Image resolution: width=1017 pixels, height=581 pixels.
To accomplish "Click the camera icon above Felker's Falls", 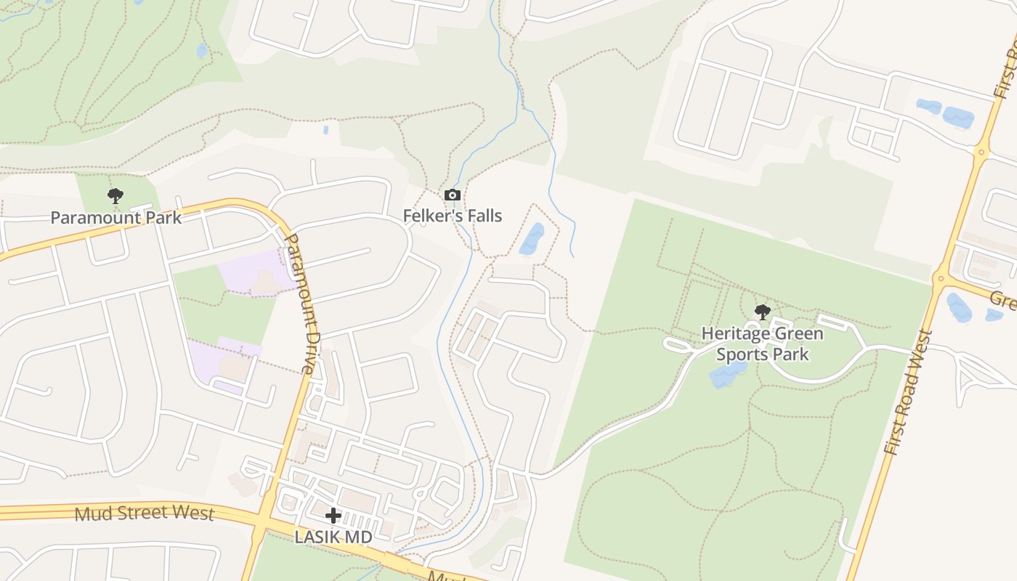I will pos(453,195).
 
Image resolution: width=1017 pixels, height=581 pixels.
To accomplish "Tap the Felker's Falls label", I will pos(453,216).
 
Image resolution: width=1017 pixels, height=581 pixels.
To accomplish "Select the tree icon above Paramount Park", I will pos(115,195).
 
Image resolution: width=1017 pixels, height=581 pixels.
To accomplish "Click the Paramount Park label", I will pos(116,217).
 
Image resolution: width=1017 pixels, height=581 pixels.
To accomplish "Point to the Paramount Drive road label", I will pos(299,303).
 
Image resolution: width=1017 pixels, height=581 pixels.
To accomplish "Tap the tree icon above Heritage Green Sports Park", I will pos(762,312).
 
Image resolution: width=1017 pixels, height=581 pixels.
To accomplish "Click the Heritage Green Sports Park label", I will pos(762,344).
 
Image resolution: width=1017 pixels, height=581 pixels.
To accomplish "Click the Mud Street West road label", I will pos(145,513).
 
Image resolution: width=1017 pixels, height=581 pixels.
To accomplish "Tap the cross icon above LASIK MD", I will pos(333,516).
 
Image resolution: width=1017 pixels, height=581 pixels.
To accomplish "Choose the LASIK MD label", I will pos(333,537).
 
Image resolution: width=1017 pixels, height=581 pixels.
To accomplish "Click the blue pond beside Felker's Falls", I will pos(532,239).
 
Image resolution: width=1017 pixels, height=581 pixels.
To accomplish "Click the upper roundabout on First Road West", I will pos(981,152).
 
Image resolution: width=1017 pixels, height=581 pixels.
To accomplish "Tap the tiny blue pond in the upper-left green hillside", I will pos(201,50).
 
